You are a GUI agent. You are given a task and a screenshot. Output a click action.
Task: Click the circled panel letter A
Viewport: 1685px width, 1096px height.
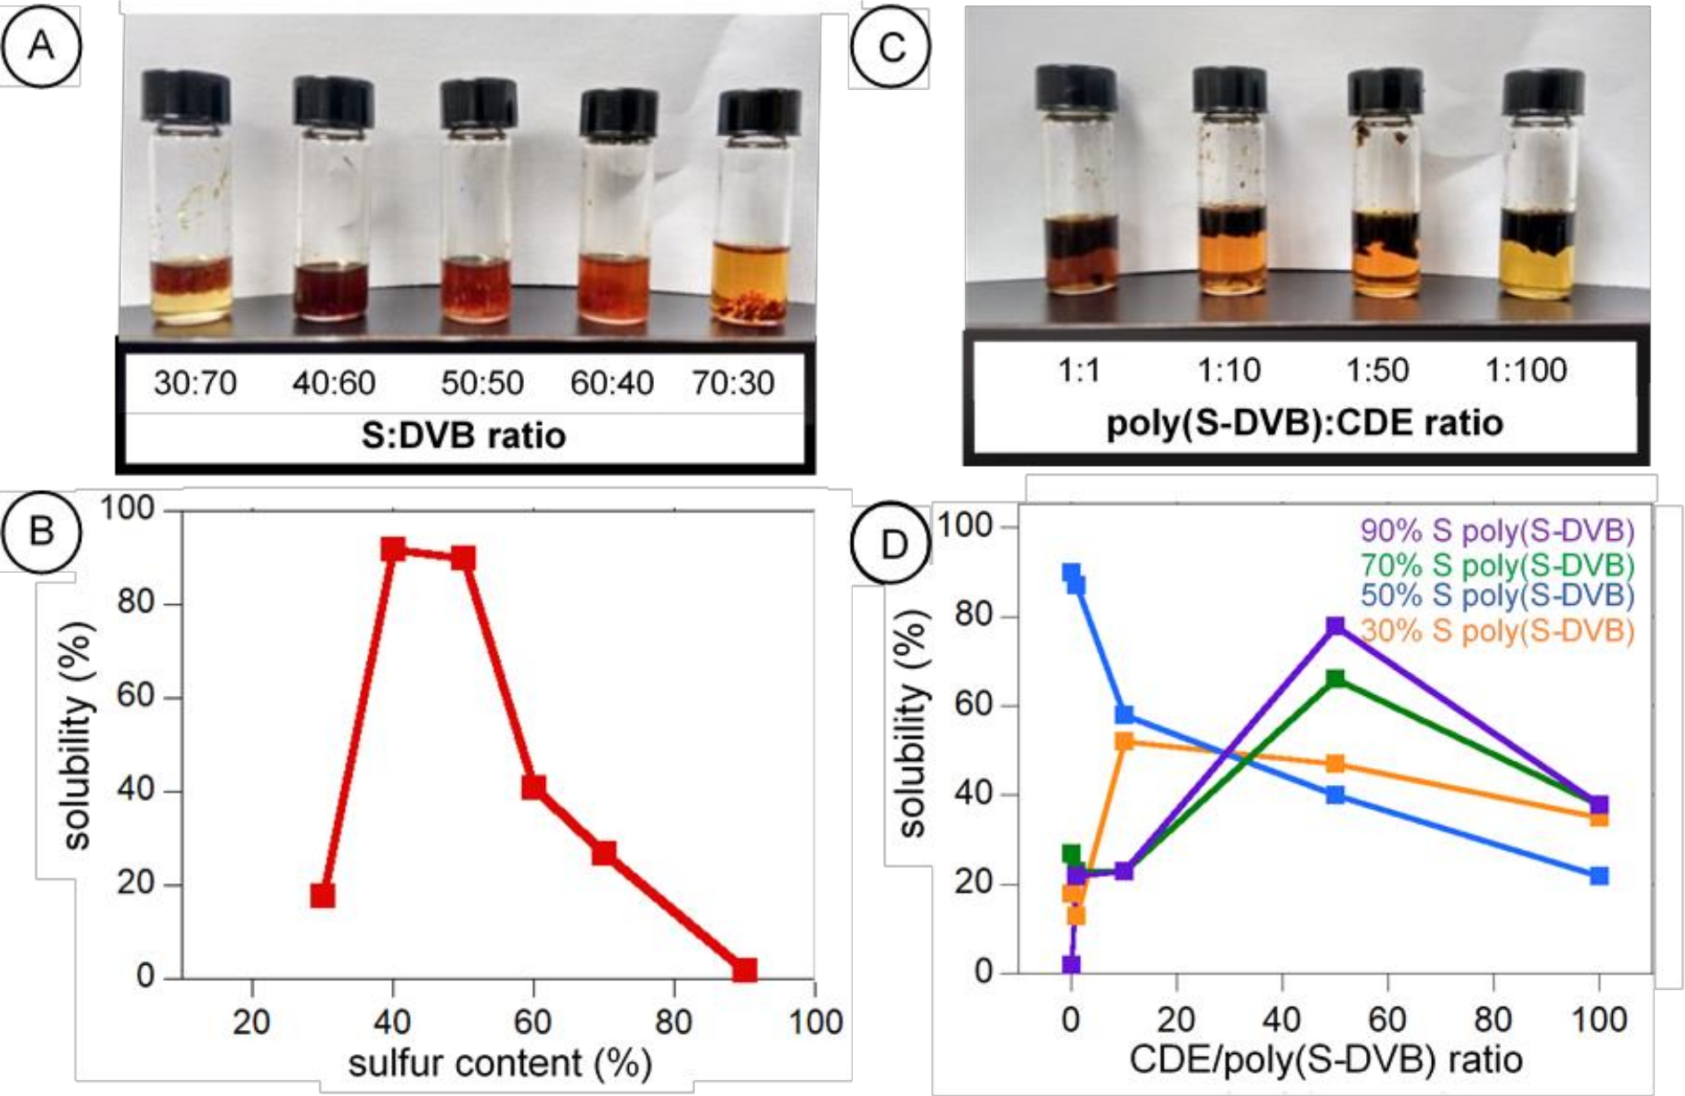coord(41,45)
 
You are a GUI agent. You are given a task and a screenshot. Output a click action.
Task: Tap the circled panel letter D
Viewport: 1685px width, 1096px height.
coord(893,544)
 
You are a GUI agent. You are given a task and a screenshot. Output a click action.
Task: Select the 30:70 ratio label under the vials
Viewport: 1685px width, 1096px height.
coord(195,383)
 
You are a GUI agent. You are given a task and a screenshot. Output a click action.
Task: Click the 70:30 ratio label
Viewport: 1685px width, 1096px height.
coord(733,383)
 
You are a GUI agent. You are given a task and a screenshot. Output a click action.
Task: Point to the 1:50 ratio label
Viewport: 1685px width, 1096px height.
coord(1378,369)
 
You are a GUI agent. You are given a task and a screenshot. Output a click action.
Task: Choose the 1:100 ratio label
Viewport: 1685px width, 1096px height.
coord(1526,369)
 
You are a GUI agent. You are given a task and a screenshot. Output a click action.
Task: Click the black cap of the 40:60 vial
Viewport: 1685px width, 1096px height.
coord(333,101)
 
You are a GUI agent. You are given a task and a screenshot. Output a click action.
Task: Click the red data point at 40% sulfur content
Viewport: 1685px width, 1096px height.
coord(393,549)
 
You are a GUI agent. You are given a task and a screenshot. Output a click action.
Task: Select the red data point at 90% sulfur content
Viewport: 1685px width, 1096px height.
coord(745,969)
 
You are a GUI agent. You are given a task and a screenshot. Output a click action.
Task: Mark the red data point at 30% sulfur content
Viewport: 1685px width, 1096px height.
coord(323,895)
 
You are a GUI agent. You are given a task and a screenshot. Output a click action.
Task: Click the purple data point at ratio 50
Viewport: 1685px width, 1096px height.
coord(1335,626)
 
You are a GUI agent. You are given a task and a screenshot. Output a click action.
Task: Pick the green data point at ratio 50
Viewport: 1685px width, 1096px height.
coord(1335,679)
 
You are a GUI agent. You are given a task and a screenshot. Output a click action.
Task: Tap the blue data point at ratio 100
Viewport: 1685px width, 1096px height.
coord(1599,876)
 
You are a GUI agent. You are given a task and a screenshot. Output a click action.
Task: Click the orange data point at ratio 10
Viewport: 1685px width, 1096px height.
coord(1125,741)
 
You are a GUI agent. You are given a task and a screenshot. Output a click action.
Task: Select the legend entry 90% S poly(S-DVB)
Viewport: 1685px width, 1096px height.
coord(1497,531)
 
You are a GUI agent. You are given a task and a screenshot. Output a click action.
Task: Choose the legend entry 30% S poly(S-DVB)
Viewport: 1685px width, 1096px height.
coord(1497,631)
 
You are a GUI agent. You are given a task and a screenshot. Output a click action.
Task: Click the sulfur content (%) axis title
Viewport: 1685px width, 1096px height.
coord(499,1063)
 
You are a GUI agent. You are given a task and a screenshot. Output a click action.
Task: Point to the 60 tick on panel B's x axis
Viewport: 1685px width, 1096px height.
coord(533,1021)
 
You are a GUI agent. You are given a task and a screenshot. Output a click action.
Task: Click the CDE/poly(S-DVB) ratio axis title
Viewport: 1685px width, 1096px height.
coord(1325,1059)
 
